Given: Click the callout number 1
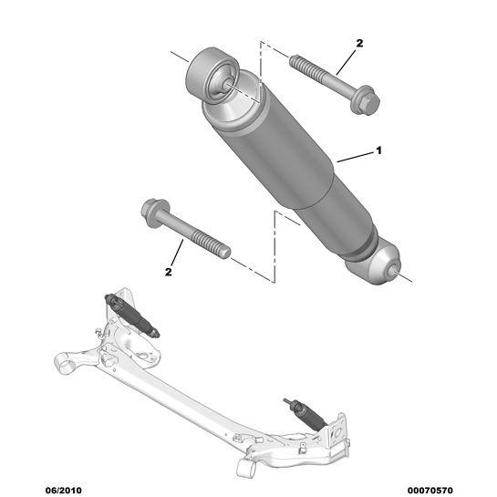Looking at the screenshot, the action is [378, 150].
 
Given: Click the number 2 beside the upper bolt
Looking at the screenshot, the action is [359, 43].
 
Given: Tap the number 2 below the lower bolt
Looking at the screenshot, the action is [169, 272].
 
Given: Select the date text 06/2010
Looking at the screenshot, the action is [64, 491].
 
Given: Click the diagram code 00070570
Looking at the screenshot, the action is [430, 491].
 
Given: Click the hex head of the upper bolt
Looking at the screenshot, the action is [366, 100].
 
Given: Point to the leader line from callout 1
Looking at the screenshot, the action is [356, 158].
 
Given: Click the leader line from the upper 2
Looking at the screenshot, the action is [347, 62].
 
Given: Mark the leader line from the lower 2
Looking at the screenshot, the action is [177, 253].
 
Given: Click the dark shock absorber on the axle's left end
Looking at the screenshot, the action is [132, 315].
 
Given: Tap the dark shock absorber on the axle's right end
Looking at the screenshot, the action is [305, 414].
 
